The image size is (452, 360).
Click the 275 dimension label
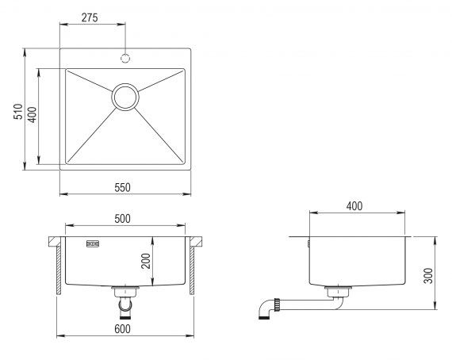(90, 18)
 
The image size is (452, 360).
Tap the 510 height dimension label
(18, 112)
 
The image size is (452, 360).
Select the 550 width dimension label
(122, 188)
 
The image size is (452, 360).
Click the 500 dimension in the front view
(122, 219)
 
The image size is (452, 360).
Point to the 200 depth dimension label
(146, 261)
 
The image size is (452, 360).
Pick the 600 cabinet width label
(122, 329)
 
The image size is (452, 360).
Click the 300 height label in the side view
(428, 276)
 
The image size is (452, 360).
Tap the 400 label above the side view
(354, 206)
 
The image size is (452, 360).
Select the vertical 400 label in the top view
(32, 115)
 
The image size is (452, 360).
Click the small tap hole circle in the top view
(125, 58)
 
